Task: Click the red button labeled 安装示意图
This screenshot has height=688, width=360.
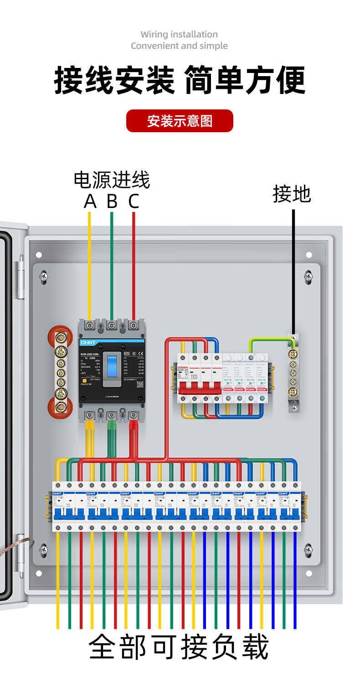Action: coord(180,121)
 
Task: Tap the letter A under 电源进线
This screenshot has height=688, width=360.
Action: coord(90,201)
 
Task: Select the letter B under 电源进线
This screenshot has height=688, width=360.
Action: coord(112,201)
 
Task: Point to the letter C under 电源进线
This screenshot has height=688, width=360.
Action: coord(133,201)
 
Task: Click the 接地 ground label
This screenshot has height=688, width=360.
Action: coord(292,194)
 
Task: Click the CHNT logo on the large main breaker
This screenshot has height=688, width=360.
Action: coord(87,342)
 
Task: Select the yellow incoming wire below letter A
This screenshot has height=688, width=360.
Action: coord(90,264)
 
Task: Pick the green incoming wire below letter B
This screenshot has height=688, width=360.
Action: coord(112,264)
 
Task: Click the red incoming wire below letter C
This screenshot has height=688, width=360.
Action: coord(134,264)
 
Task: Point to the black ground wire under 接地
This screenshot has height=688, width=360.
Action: coord(293,269)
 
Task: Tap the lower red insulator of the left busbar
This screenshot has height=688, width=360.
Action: coord(59,407)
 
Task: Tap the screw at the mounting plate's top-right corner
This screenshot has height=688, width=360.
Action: coord(309,275)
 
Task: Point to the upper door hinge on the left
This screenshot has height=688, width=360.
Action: coord(20,279)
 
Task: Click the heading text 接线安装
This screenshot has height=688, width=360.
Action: coord(114,80)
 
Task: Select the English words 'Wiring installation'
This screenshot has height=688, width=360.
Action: coord(179,34)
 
